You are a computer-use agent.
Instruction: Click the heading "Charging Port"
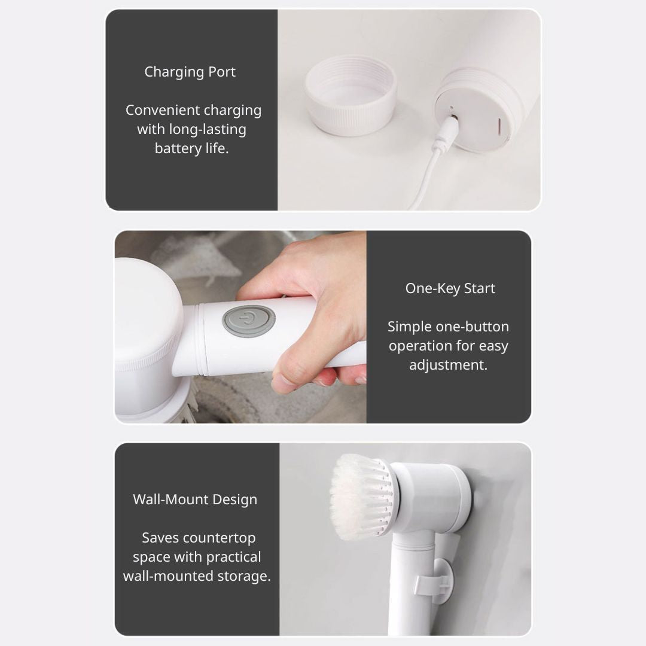190,72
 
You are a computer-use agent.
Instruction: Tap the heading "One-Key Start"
450,288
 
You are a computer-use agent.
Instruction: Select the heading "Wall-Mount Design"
195,499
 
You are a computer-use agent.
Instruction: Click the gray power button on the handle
249,321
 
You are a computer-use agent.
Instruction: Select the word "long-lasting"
208,129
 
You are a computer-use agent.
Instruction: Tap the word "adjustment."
448,365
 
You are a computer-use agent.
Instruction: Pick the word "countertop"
219,538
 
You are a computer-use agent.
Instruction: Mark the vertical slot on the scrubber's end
499,126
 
